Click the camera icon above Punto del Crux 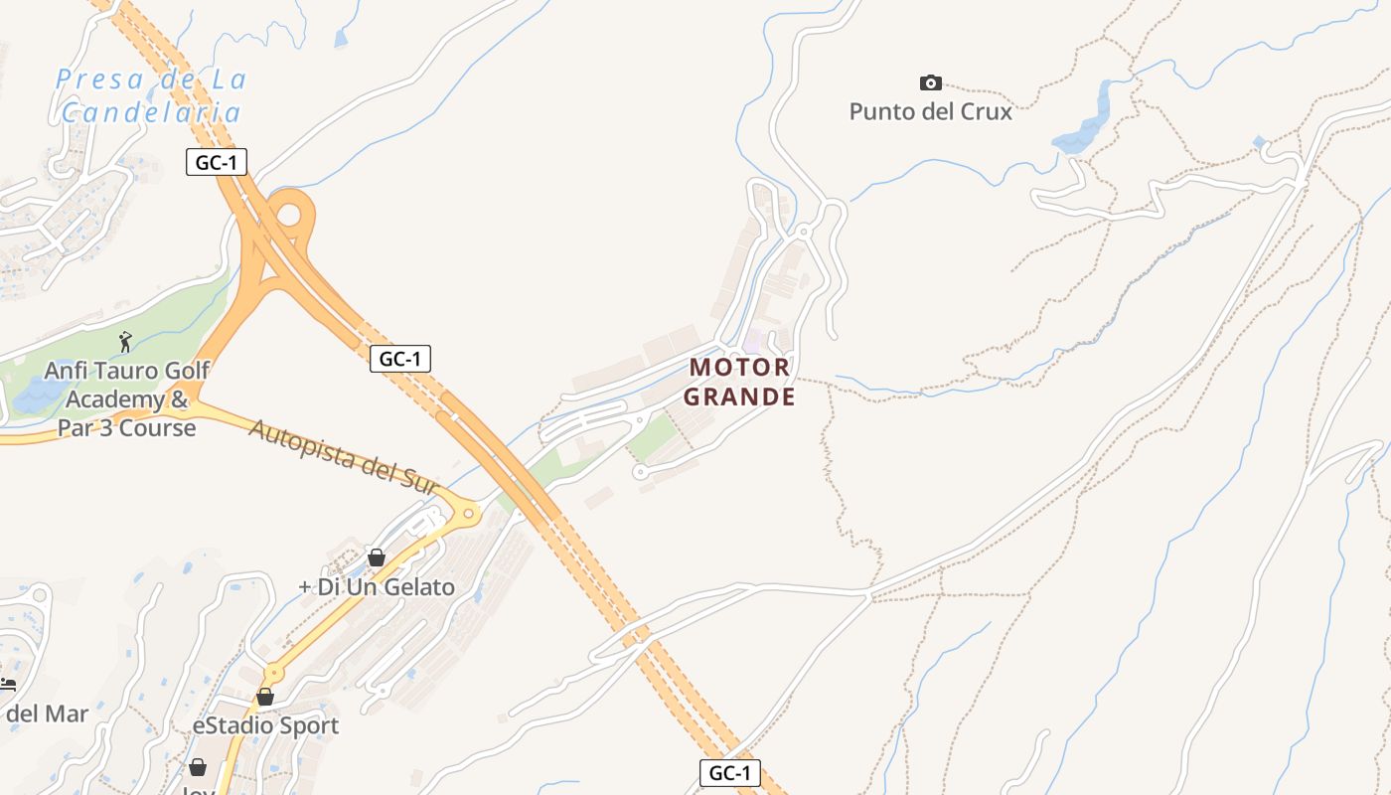(x=930, y=82)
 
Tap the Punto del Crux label (x=930, y=111)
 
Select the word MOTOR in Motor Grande (x=740, y=368)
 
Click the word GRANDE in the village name (x=741, y=397)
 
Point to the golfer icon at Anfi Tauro (x=125, y=343)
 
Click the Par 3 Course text (x=126, y=428)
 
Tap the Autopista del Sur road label (x=343, y=457)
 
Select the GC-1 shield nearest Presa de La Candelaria (x=216, y=162)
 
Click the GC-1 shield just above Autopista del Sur (x=400, y=359)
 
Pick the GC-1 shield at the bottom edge (x=730, y=773)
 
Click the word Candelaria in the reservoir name (x=151, y=112)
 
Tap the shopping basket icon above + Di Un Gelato (x=377, y=557)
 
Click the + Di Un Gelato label (x=377, y=586)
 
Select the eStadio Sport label (x=265, y=725)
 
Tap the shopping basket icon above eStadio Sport (x=265, y=697)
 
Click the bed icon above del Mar (x=8, y=685)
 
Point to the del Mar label (x=47, y=714)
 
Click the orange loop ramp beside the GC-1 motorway (x=290, y=211)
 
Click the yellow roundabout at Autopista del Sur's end (x=468, y=514)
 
